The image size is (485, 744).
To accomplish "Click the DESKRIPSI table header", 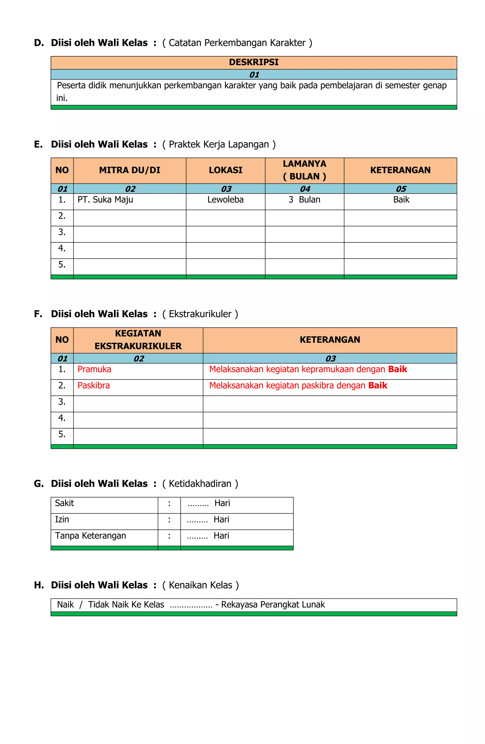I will pos(254,62).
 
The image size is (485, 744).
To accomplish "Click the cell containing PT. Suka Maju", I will pos(105,200).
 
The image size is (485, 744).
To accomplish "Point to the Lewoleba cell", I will pos(225,200).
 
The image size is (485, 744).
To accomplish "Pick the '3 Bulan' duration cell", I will pos(304,200).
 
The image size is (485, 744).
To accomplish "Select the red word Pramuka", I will pos(94,369).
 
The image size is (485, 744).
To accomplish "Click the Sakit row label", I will pos(64,503).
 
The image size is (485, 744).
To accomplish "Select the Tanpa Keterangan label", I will pos(90,535).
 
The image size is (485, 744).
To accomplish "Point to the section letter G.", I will pos(38,484).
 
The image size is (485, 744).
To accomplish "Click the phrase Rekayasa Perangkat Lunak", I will pos(273,605).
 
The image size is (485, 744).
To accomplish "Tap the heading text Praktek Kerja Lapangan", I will pos(219,144).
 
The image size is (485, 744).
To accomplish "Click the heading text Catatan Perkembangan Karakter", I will pos(237,43).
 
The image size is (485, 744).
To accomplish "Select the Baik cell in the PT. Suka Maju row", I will pos(401,200).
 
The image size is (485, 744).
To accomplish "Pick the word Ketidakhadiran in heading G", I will pos(200,484).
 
